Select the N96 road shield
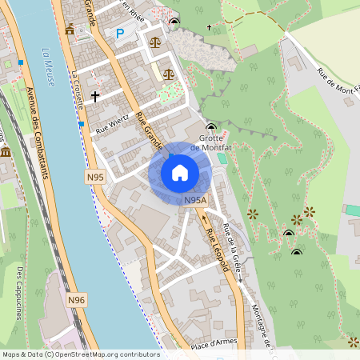76,300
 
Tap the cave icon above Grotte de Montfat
211,127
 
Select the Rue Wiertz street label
112,123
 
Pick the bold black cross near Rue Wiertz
95,96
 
